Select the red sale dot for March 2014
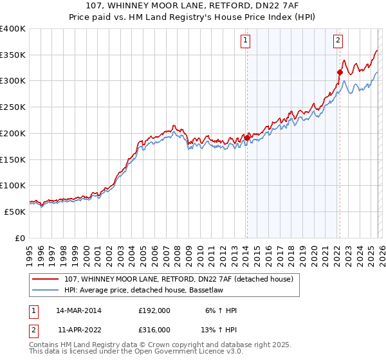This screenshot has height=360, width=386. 247,138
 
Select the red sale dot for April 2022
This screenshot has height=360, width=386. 339,73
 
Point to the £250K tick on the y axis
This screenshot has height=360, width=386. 13,107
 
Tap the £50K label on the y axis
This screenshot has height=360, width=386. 15,212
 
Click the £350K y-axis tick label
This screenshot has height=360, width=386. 13,55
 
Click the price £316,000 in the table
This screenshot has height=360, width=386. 154,329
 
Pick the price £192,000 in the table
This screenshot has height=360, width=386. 154,310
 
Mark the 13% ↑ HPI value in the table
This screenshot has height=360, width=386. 218,329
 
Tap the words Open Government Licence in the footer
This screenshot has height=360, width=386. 178,352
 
